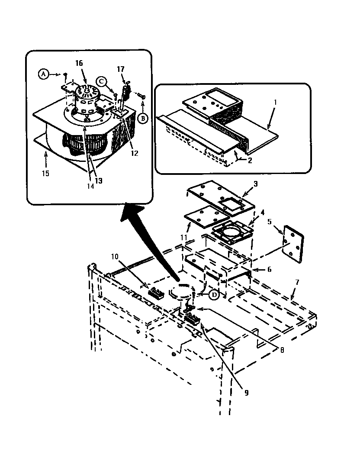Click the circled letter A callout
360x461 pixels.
coord(43,74)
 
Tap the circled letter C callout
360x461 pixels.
coord(100,81)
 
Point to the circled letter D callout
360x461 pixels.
coord(214,294)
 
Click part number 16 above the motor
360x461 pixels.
coord(79,63)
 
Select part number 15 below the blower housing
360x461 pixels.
coord(45,173)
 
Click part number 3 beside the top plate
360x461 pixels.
coord(255,184)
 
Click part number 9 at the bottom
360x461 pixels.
coord(246,393)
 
